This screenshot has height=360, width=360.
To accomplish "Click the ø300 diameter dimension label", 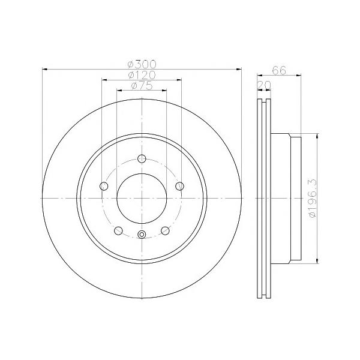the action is click(142, 64).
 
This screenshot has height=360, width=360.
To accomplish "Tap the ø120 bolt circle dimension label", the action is click(142, 75).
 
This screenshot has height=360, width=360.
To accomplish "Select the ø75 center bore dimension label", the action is click(142, 86).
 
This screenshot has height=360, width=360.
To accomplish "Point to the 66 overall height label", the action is click(279, 70).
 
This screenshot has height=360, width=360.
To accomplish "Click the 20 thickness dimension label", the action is click(264, 85).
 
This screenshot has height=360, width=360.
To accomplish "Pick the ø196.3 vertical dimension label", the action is click(313, 199).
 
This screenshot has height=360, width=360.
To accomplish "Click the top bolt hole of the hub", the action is click(142, 158).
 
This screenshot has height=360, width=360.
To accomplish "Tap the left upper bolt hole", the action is click(104, 186).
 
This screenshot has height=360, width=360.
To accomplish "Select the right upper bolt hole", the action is click(179, 186).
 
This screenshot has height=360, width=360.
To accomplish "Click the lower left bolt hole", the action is click(118, 230).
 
